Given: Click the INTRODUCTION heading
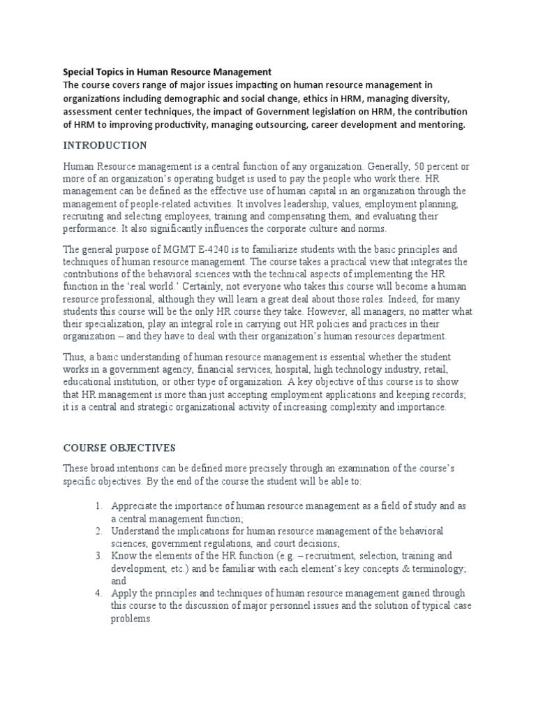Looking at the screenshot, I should (x=105, y=145).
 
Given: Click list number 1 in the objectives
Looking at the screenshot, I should (x=98, y=506).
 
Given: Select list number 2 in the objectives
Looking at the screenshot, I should (x=98, y=531).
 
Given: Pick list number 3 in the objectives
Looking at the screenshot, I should (x=98, y=556).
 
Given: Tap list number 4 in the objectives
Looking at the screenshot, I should (x=98, y=594).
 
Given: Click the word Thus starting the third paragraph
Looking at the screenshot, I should (x=74, y=357).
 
